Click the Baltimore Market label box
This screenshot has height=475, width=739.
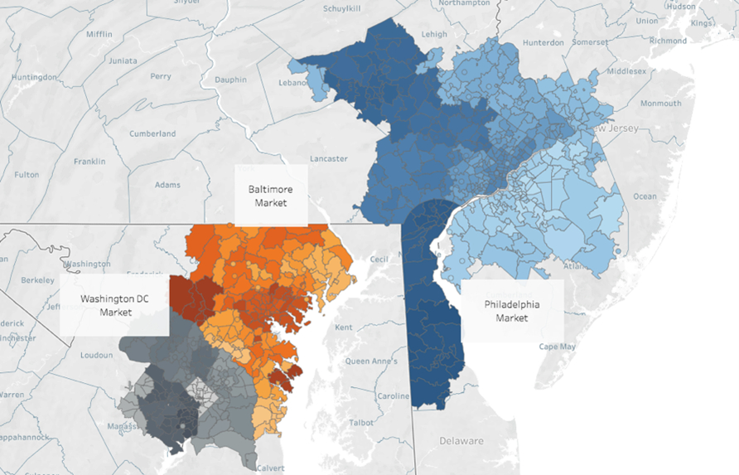pos(271,195)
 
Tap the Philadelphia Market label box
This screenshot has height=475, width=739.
pos(511,311)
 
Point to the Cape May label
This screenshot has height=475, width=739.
pos(557,347)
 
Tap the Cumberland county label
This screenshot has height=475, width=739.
pos(152,133)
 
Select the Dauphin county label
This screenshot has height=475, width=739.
pos(232,80)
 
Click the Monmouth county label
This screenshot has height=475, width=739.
pos(660,104)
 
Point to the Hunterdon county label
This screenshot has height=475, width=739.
pos(543,42)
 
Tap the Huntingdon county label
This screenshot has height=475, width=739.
pos(33,77)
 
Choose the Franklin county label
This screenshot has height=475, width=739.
pos(91,161)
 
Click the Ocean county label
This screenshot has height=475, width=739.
pos(645,196)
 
